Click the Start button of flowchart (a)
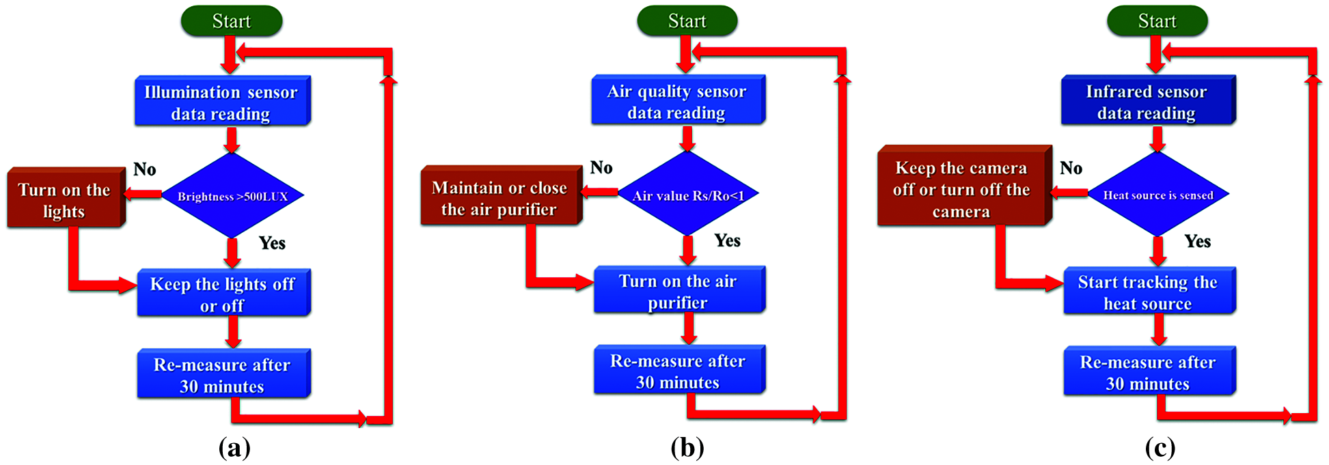[232, 21]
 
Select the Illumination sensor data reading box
[222, 102]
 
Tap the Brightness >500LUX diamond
[232, 196]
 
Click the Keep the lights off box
[223, 294]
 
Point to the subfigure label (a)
[234, 448]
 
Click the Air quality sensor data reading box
[677, 100]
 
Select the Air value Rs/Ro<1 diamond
[688, 195]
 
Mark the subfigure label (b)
[687, 448]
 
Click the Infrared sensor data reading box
[1147, 101]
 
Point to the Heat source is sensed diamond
[1158, 195]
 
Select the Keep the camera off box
[962, 188]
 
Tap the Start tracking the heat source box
[1149, 292]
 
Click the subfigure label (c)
[1160, 448]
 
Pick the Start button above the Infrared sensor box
[1157, 21]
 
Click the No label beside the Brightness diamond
[145, 169]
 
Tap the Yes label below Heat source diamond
[1198, 241]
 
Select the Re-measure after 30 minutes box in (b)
[679, 371]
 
